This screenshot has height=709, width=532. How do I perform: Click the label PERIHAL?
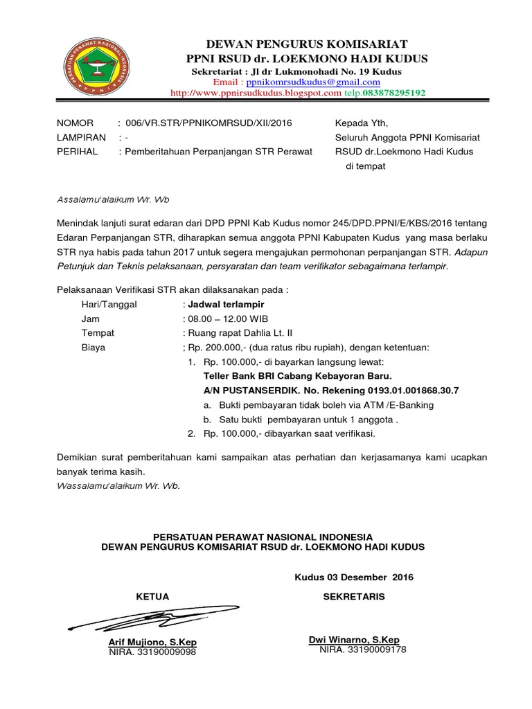coord(77,151)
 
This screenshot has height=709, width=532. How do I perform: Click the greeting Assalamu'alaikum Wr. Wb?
coord(112,200)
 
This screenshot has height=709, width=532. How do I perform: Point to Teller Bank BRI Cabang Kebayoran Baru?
coord(297,376)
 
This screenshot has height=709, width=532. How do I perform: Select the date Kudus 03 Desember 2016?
coord(354,577)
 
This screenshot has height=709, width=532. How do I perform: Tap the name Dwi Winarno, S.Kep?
coord(353,640)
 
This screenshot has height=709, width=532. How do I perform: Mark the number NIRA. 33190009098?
coord(152,652)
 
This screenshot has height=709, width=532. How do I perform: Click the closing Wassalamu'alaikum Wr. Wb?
coord(118,485)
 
